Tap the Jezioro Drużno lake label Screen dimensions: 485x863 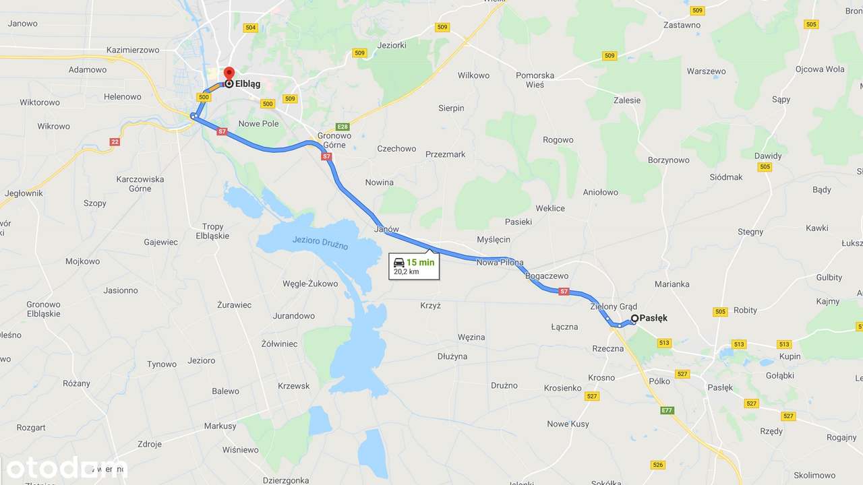click(x=320, y=243)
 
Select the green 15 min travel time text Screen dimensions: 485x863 click(x=421, y=262)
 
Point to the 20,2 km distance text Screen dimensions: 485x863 click(x=407, y=271)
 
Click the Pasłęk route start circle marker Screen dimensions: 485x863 click(x=634, y=318)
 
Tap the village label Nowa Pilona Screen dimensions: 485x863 click(x=500, y=262)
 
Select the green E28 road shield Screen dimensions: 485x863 click(x=343, y=127)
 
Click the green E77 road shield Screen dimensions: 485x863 click(x=667, y=410)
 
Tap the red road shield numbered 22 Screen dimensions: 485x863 click(x=115, y=141)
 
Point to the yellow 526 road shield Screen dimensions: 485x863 click(x=659, y=465)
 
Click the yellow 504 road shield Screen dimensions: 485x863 click(x=251, y=28)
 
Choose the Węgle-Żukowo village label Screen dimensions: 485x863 click(x=311, y=284)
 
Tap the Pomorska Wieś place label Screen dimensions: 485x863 click(x=535, y=80)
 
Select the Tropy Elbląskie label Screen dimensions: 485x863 click(x=213, y=231)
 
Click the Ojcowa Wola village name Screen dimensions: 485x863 click(x=820, y=69)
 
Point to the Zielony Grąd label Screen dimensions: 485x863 click(x=614, y=306)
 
